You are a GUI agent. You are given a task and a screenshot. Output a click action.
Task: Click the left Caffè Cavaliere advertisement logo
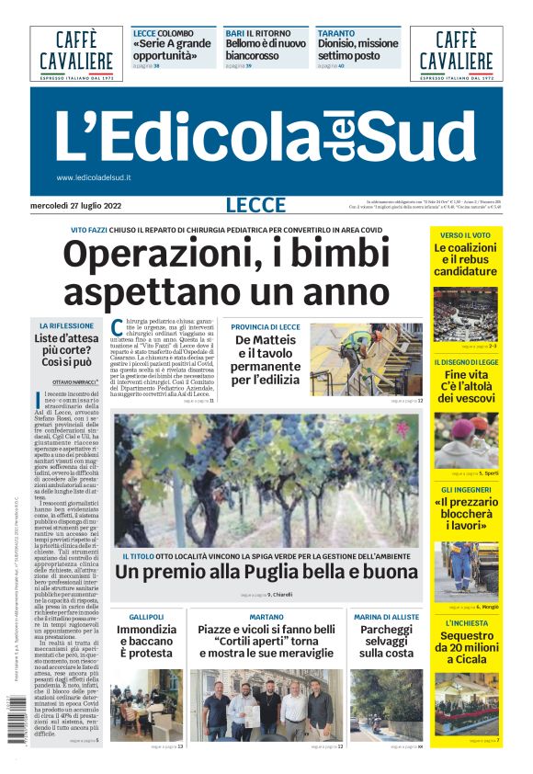pos(75,52)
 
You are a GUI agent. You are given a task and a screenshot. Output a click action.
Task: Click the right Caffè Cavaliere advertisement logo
pos(456,52)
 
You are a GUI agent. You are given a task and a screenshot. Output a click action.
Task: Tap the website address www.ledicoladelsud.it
pos(94,177)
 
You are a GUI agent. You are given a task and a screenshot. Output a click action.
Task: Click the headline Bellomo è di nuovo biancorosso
pos(266,49)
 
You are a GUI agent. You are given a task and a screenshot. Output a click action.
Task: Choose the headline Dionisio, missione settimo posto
pos(357,49)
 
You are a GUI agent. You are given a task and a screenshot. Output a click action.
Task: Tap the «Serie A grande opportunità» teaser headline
pos(172,49)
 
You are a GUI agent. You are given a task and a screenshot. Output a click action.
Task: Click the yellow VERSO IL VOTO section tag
pos(466,235)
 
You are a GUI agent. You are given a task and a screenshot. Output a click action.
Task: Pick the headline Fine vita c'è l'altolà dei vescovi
pos(466,386)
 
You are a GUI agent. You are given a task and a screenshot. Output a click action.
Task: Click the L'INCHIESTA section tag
pos(466,622)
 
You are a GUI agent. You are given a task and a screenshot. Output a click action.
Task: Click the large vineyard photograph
pos(267,480)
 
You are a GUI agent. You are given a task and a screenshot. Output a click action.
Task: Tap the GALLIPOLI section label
pos(147,616)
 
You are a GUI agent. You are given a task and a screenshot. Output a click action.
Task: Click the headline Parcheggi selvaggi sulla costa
pos(385,640)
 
